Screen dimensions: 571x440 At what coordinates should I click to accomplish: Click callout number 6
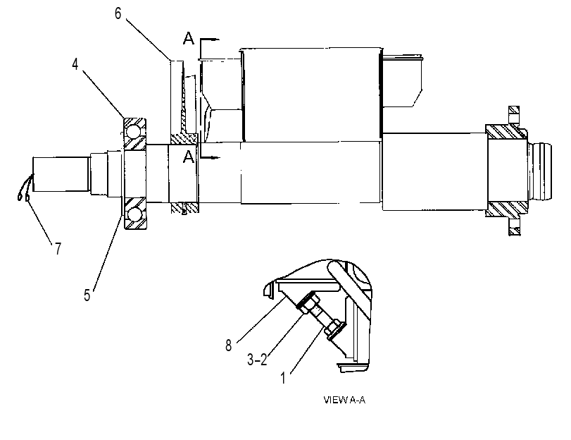[x=118, y=14]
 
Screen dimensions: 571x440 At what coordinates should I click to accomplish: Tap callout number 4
[x=75, y=65]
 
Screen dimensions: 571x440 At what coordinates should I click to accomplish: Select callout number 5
[x=87, y=295]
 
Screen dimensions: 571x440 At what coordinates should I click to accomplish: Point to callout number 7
[x=58, y=249]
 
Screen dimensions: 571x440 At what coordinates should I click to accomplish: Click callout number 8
[x=228, y=345]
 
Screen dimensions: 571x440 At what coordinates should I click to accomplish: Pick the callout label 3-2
[x=257, y=360]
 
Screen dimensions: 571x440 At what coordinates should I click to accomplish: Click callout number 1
[x=283, y=378]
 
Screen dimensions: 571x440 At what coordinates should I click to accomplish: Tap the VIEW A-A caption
[x=344, y=400]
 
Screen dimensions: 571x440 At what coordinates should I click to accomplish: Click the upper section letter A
[x=189, y=38]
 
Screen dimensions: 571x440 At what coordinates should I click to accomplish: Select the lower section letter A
[x=189, y=157]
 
